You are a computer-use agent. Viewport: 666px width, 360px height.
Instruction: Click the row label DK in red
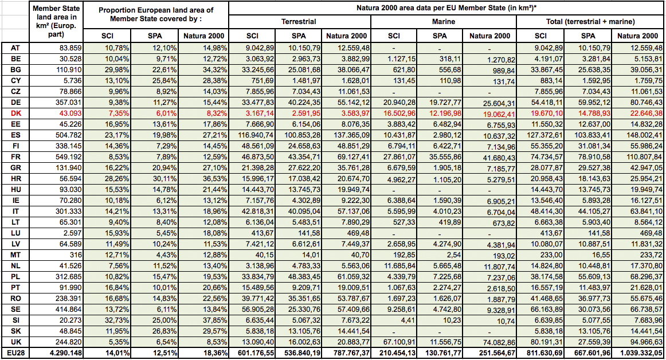[15, 114]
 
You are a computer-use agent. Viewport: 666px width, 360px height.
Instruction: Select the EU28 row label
[15, 353]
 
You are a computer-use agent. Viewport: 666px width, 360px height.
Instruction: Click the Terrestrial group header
[299, 22]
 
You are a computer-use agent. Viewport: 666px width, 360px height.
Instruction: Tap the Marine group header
[444, 22]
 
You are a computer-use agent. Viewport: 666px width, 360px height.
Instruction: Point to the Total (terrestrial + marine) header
[590, 22]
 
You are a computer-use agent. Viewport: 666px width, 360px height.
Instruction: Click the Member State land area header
[56, 21]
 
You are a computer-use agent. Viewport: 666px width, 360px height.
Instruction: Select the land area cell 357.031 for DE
[68, 103]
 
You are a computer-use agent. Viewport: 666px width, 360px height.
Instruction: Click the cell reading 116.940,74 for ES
[253, 135]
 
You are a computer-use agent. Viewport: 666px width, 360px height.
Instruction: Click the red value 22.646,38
[643, 114]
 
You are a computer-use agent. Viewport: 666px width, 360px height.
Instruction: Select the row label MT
[15, 255]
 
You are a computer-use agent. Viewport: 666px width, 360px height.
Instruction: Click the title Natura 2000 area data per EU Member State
[444, 7]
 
